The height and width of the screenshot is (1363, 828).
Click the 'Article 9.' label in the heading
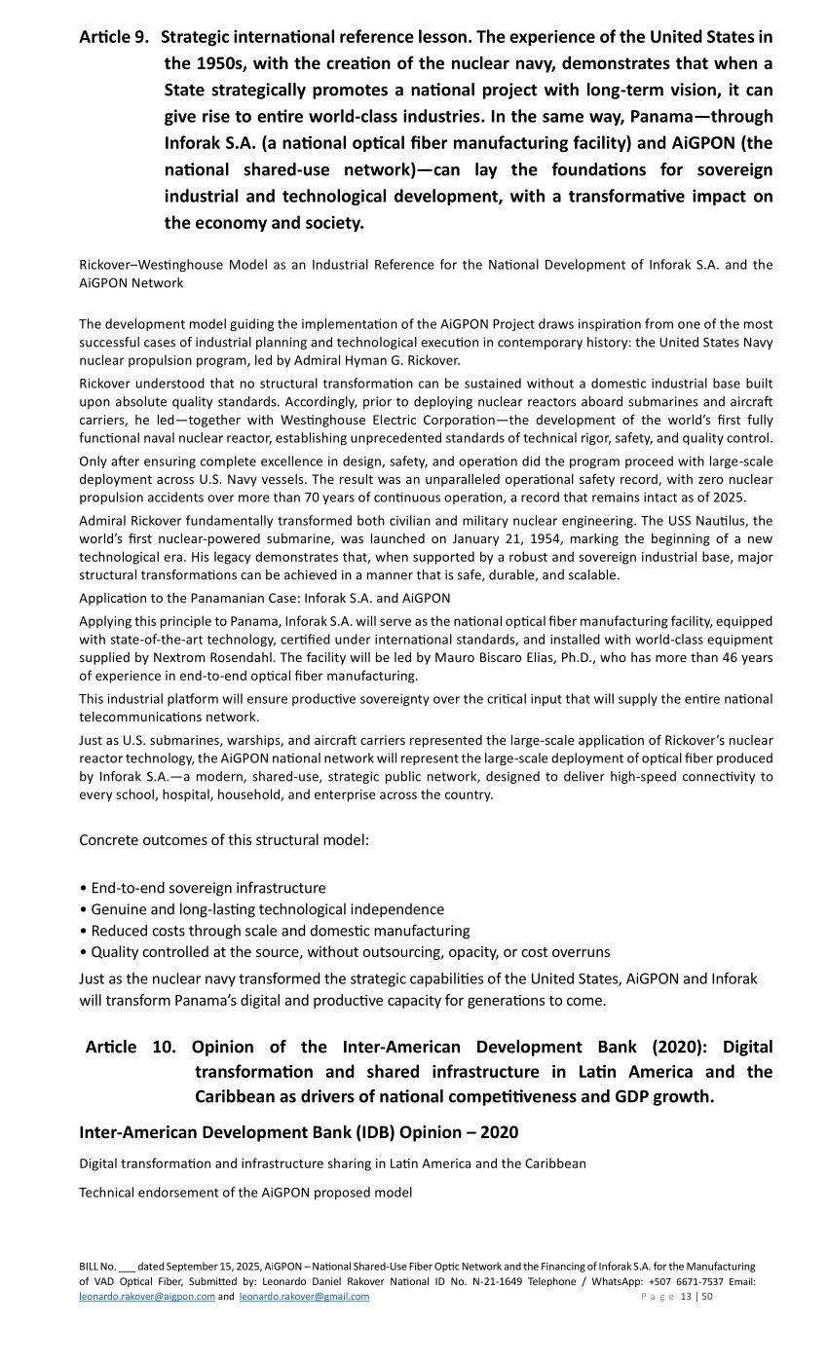click(x=114, y=38)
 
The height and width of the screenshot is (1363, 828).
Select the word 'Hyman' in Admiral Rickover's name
click(x=386, y=360)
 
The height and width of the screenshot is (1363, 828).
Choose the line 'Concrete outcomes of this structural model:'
click(x=223, y=840)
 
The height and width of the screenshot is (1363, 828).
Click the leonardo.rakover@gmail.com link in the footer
click(x=304, y=1297)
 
